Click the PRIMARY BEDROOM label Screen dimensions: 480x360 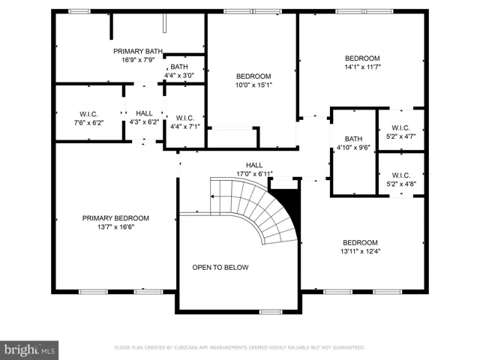(x=115, y=218)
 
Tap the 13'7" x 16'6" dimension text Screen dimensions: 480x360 (x=115, y=226)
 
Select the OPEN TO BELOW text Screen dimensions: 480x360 (x=220, y=267)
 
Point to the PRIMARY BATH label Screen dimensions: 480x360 (x=138, y=51)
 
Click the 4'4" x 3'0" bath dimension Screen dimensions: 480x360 (x=179, y=75)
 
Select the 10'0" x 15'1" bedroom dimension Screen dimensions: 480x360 (x=253, y=85)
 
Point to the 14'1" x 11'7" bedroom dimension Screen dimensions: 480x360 (x=362, y=67)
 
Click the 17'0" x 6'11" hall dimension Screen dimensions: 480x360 (x=254, y=174)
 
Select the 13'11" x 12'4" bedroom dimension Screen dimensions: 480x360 (x=360, y=251)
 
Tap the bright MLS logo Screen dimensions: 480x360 (x=29, y=350)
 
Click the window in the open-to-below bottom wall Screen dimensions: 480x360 (x=271, y=312)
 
